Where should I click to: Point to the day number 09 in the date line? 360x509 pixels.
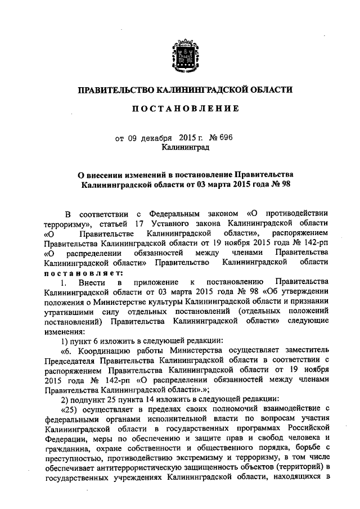132,138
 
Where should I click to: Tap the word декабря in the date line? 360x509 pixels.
157,138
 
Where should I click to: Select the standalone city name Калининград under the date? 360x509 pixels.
185,148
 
